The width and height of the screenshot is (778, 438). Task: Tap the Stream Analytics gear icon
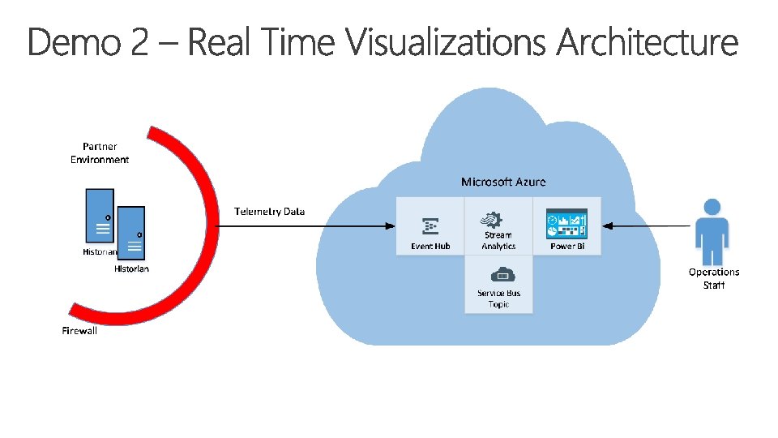click(x=492, y=220)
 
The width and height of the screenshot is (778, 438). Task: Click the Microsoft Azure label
click(x=503, y=182)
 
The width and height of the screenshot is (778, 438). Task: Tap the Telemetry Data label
click(x=270, y=212)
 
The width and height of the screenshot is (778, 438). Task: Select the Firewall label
click(x=79, y=331)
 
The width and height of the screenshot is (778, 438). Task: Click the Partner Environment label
click(x=100, y=153)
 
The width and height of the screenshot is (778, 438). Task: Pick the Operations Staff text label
click(x=714, y=278)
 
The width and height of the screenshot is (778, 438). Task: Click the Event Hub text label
click(x=430, y=247)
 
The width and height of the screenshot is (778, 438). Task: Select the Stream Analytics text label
click(x=498, y=241)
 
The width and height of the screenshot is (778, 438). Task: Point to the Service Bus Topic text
click(x=499, y=298)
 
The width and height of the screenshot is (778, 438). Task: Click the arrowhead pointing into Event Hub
click(x=390, y=226)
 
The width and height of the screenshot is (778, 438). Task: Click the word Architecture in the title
click(x=648, y=43)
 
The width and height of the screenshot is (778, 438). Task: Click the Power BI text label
click(x=567, y=247)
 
